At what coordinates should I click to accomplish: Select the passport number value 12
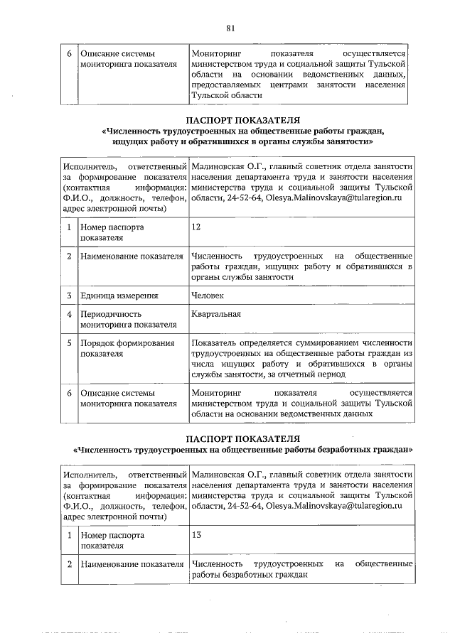point(197,227)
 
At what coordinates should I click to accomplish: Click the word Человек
point(208,296)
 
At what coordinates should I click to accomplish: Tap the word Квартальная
point(216,314)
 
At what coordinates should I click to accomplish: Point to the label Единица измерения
point(119,296)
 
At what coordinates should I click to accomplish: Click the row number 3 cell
point(69,296)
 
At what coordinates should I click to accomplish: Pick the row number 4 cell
point(69,314)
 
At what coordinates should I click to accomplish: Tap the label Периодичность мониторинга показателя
point(128,320)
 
